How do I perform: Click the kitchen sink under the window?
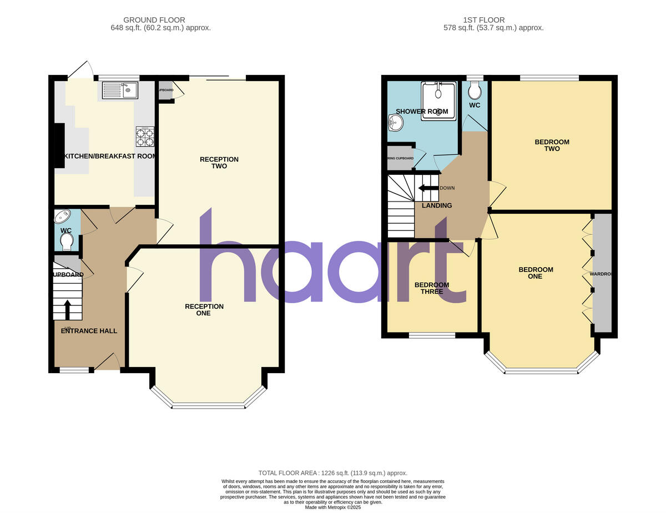(x=119, y=90)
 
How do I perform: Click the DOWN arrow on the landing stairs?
(x=428, y=188)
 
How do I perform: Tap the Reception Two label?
(x=219, y=163)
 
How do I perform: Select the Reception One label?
(x=204, y=310)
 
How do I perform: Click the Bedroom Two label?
(x=552, y=145)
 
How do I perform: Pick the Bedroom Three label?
(x=432, y=288)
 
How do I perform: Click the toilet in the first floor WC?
(x=475, y=90)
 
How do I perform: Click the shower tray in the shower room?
(x=438, y=100)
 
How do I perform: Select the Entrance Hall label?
(x=89, y=331)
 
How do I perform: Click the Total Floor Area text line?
(x=333, y=472)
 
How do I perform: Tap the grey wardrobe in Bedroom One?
(x=602, y=273)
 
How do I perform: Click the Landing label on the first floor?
(x=437, y=205)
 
